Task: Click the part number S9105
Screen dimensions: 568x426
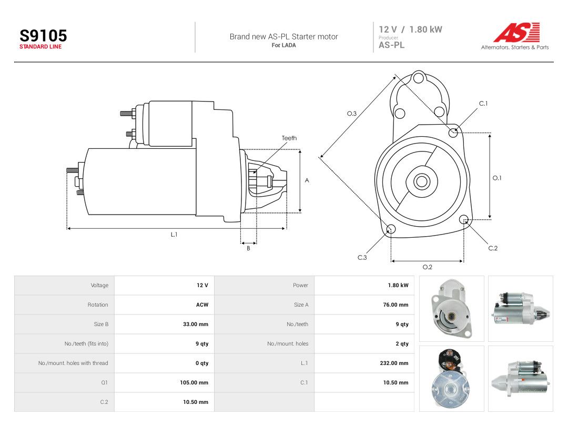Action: (x=43, y=36)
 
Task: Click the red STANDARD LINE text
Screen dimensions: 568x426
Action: (x=40, y=47)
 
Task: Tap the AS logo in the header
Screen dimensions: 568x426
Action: (x=516, y=32)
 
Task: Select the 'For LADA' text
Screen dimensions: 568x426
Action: (x=283, y=45)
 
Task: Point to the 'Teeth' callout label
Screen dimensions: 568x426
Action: (x=289, y=138)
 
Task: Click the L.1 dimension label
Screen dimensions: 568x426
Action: (x=174, y=235)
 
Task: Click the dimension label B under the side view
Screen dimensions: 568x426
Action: (x=248, y=248)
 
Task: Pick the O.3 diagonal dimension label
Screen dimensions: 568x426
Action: (x=352, y=114)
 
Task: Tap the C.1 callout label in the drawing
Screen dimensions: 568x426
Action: (x=483, y=104)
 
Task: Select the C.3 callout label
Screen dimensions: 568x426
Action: (x=362, y=258)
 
